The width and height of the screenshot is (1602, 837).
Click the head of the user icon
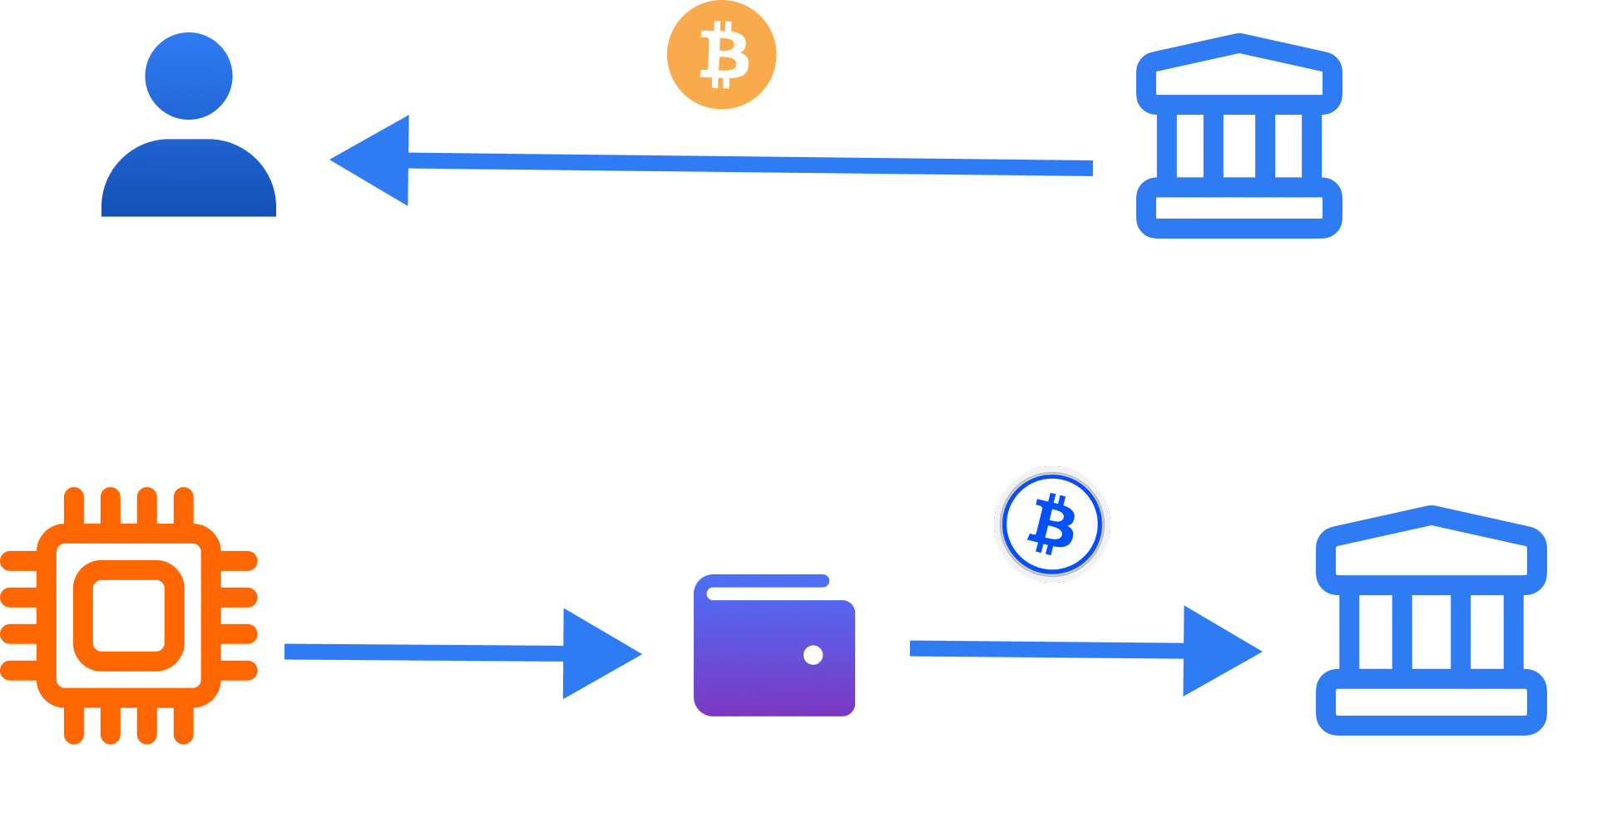click(x=188, y=75)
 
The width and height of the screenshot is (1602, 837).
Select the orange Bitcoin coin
click(x=722, y=56)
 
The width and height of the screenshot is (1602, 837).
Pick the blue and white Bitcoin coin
click(x=1051, y=524)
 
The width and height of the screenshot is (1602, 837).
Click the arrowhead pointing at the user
click(x=375, y=160)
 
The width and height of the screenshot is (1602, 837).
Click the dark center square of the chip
click(x=127, y=615)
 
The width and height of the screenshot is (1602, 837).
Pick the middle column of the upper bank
click(x=1238, y=145)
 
